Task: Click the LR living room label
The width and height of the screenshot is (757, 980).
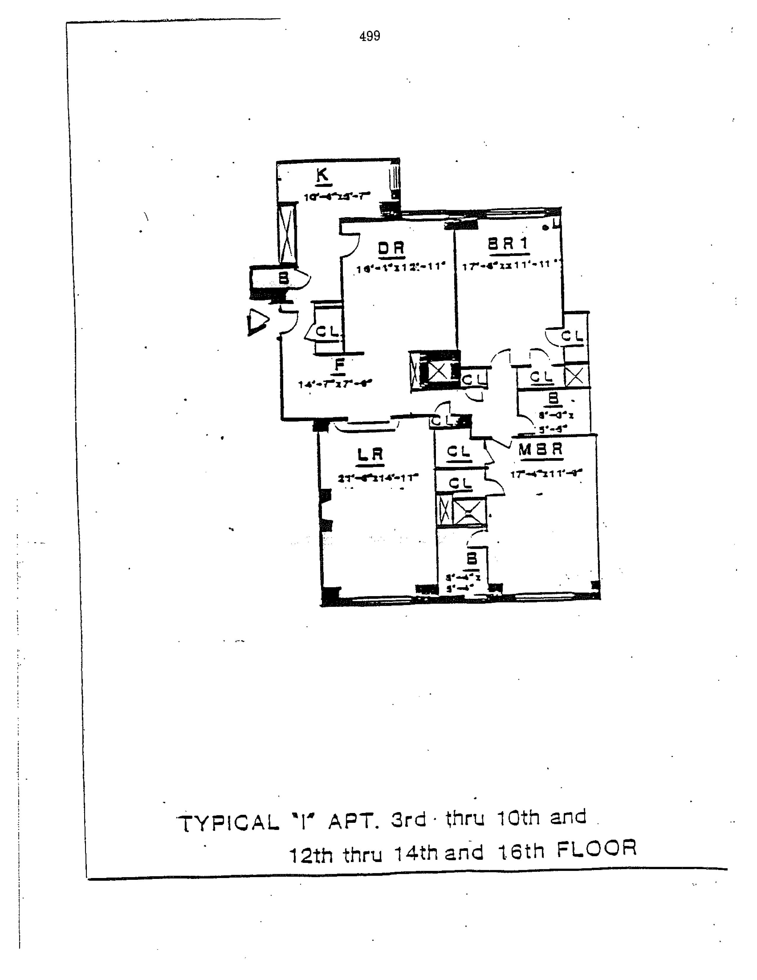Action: click(x=370, y=455)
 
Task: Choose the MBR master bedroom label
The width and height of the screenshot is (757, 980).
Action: click(x=541, y=450)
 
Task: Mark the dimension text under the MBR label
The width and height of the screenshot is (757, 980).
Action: click(x=546, y=473)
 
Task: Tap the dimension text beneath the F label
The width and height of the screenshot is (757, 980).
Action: click(x=335, y=384)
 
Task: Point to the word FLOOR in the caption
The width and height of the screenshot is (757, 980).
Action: click(x=596, y=848)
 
